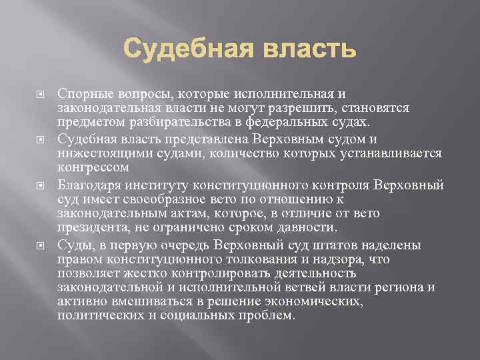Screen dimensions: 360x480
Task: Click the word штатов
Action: (332, 246)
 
